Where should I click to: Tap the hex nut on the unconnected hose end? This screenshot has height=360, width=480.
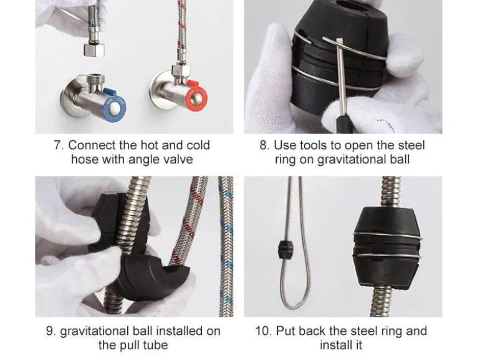click(x=94, y=50)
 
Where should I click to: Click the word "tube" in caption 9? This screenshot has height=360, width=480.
click(x=155, y=345)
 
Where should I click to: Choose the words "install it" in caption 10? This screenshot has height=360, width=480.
click(x=341, y=345)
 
